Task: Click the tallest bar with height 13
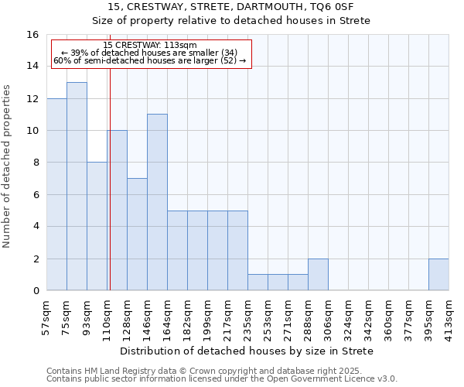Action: click(77, 186)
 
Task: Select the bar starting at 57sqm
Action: click(56, 194)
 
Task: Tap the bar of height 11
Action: click(157, 202)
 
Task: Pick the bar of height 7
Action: click(137, 235)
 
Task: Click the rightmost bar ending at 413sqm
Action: click(438, 275)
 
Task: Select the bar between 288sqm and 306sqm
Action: click(318, 275)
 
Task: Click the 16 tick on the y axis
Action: click(32, 35)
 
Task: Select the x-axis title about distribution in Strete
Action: click(247, 351)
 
